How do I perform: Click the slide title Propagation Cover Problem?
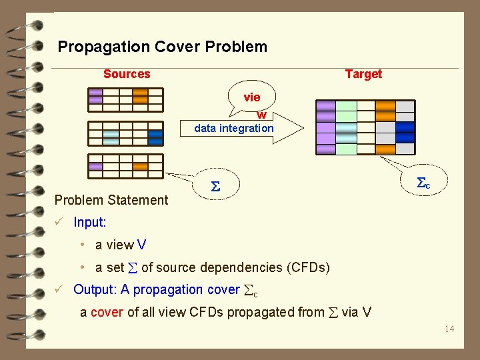click(162, 47)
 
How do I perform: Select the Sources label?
click(127, 74)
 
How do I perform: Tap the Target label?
click(363, 74)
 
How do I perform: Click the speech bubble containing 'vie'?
click(252, 97)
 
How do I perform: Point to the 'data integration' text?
click(233, 128)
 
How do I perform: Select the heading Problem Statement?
click(111, 199)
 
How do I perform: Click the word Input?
click(89, 221)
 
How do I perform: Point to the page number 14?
click(449, 328)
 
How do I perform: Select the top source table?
click(125, 99)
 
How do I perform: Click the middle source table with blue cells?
click(125, 133)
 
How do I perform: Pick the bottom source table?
click(125, 166)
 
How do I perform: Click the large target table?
click(365, 127)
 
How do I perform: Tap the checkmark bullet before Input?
click(59, 221)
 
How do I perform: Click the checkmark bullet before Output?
click(59, 289)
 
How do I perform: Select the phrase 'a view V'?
click(121, 245)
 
